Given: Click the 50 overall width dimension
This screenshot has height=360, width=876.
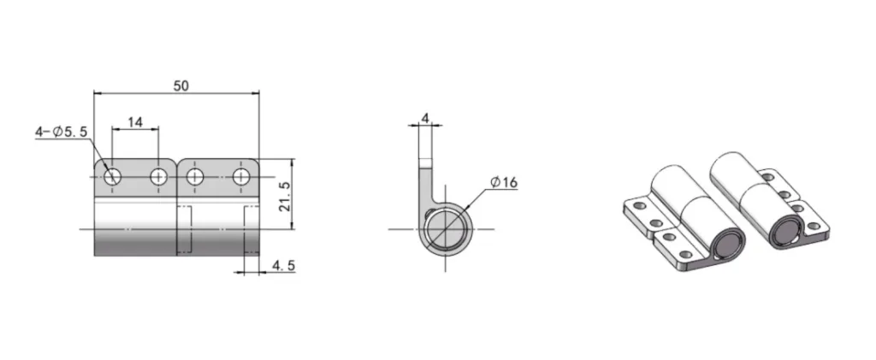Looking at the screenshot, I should (x=181, y=85).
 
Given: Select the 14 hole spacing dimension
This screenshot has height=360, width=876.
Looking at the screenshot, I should (x=135, y=122).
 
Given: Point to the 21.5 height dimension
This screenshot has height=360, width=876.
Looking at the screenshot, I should (x=286, y=197).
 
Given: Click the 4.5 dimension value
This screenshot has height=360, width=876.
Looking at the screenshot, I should (x=283, y=266).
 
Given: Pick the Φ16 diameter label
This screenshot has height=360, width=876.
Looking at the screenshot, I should (x=504, y=182).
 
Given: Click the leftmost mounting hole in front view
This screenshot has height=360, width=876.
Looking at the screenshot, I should (x=113, y=177).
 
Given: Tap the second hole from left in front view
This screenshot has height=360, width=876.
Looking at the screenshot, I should (x=158, y=177).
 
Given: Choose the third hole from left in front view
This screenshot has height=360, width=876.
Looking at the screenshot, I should (x=195, y=177).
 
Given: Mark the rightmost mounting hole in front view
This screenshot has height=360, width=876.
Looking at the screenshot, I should (x=241, y=177).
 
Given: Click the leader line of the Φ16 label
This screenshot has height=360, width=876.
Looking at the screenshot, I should (x=476, y=198).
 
